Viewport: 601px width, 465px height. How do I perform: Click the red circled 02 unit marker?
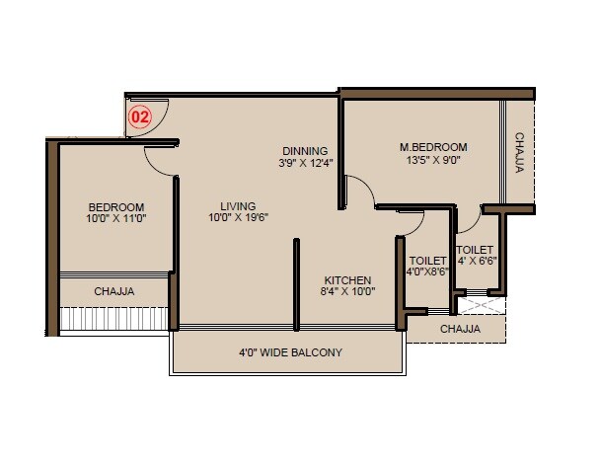tap(141, 116)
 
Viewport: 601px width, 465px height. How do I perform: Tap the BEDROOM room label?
tap(115, 206)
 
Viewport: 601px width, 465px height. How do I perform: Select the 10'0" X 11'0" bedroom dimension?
tap(115, 219)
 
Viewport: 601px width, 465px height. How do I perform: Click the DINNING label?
tap(303, 150)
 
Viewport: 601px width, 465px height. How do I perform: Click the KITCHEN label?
tap(346, 279)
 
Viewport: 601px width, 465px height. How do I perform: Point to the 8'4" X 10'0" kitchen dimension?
tap(346, 292)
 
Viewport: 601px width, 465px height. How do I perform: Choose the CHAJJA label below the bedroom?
tap(114, 291)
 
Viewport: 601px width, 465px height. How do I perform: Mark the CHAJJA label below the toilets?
tap(460, 329)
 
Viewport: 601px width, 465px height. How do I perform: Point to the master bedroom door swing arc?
tap(361, 187)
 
